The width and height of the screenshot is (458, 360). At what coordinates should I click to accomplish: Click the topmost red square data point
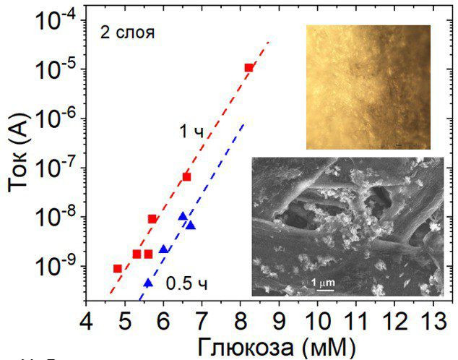249,68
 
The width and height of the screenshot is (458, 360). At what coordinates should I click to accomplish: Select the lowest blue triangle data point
148,283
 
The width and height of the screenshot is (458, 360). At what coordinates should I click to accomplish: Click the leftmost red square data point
118,268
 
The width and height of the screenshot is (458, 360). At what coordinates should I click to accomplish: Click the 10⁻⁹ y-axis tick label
54,266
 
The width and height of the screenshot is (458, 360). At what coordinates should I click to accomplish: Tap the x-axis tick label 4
87,319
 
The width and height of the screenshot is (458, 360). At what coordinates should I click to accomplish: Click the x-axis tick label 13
432,319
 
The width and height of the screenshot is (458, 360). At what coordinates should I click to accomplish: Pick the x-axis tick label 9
279,319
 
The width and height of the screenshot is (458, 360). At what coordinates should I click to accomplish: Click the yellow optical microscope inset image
368,87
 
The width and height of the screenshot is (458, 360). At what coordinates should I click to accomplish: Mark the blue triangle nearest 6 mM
164,249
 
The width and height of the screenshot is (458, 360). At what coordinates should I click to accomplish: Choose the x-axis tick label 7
202,319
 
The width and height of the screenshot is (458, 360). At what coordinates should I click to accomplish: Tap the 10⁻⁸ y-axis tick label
54,217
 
